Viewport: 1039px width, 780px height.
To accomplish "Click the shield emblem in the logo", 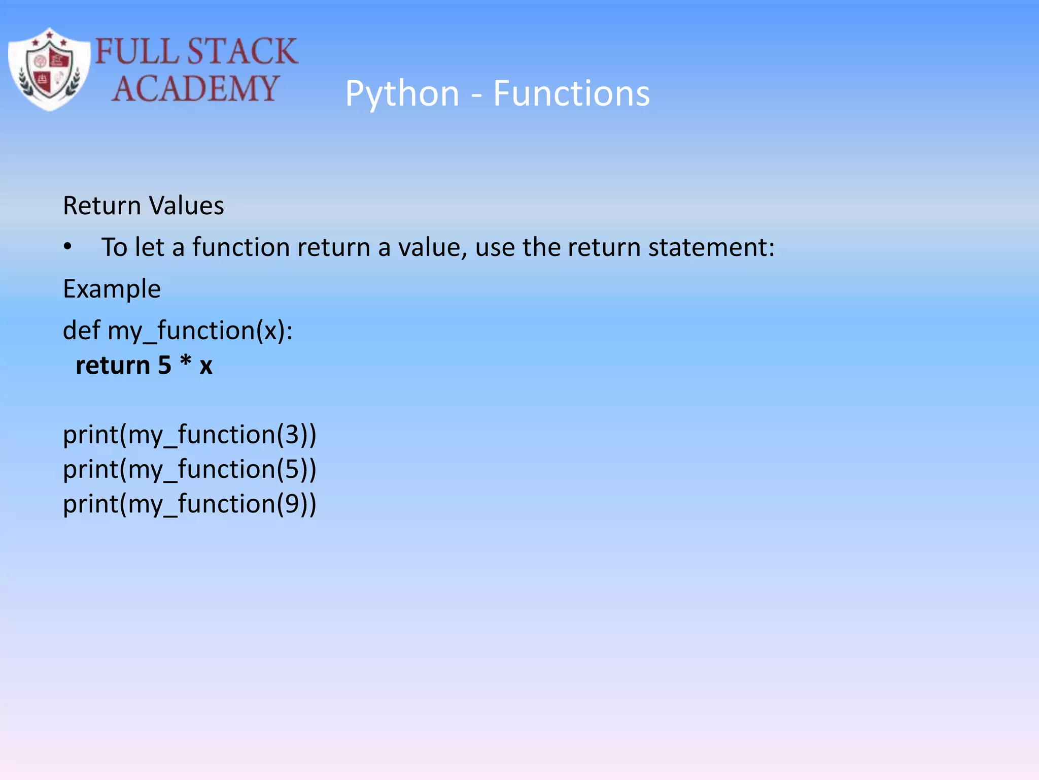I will click(49, 70).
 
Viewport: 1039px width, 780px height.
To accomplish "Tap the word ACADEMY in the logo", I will click(195, 89).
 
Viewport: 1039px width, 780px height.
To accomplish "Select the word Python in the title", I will click(402, 94).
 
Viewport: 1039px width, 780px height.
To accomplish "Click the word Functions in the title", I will click(571, 94).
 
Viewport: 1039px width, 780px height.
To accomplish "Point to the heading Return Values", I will click(143, 206).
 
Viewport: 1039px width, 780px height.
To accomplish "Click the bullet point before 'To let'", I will click(68, 247).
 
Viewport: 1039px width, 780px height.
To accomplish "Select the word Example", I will click(112, 289).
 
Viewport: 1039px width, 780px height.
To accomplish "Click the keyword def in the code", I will click(81, 331).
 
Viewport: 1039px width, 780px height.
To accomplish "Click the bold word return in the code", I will click(113, 366).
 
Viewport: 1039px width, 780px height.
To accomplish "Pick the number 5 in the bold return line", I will click(164, 366).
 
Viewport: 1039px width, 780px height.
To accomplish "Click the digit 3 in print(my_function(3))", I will click(292, 435).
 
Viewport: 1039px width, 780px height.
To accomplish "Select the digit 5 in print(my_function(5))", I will click(292, 469).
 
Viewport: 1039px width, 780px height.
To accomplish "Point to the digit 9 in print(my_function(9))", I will click(292, 504).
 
